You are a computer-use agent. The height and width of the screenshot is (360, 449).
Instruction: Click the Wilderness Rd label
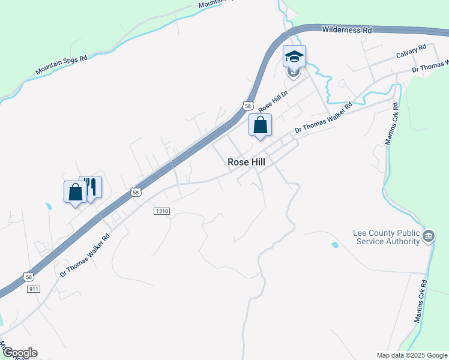[x=347, y=29]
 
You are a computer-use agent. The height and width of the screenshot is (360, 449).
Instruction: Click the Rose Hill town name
[x=246, y=162]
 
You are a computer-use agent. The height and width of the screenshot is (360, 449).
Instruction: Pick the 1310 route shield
[x=162, y=211]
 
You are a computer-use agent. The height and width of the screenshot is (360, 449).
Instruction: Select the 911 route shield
[x=34, y=289]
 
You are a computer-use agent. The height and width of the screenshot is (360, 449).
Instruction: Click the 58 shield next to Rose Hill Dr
[x=248, y=106]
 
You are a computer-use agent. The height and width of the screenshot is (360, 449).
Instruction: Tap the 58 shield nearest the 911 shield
[x=28, y=277]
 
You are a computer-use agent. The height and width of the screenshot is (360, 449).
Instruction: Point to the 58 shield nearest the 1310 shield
[x=136, y=193]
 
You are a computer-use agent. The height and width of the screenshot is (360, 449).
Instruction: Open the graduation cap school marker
[x=294, y=56]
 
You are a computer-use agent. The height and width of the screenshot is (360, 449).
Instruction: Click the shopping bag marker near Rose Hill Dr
[x=261, y=125]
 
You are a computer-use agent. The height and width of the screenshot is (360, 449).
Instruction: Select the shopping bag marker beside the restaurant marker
[x=75, y=192]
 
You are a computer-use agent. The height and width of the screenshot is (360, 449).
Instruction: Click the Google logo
[x=20, y=353]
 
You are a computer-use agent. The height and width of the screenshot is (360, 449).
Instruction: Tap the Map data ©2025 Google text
[x=412, y=355]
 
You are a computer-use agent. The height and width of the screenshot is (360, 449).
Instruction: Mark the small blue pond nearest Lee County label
[x=334, y=245]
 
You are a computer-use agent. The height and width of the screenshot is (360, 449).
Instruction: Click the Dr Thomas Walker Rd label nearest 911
[x=85, y=255]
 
